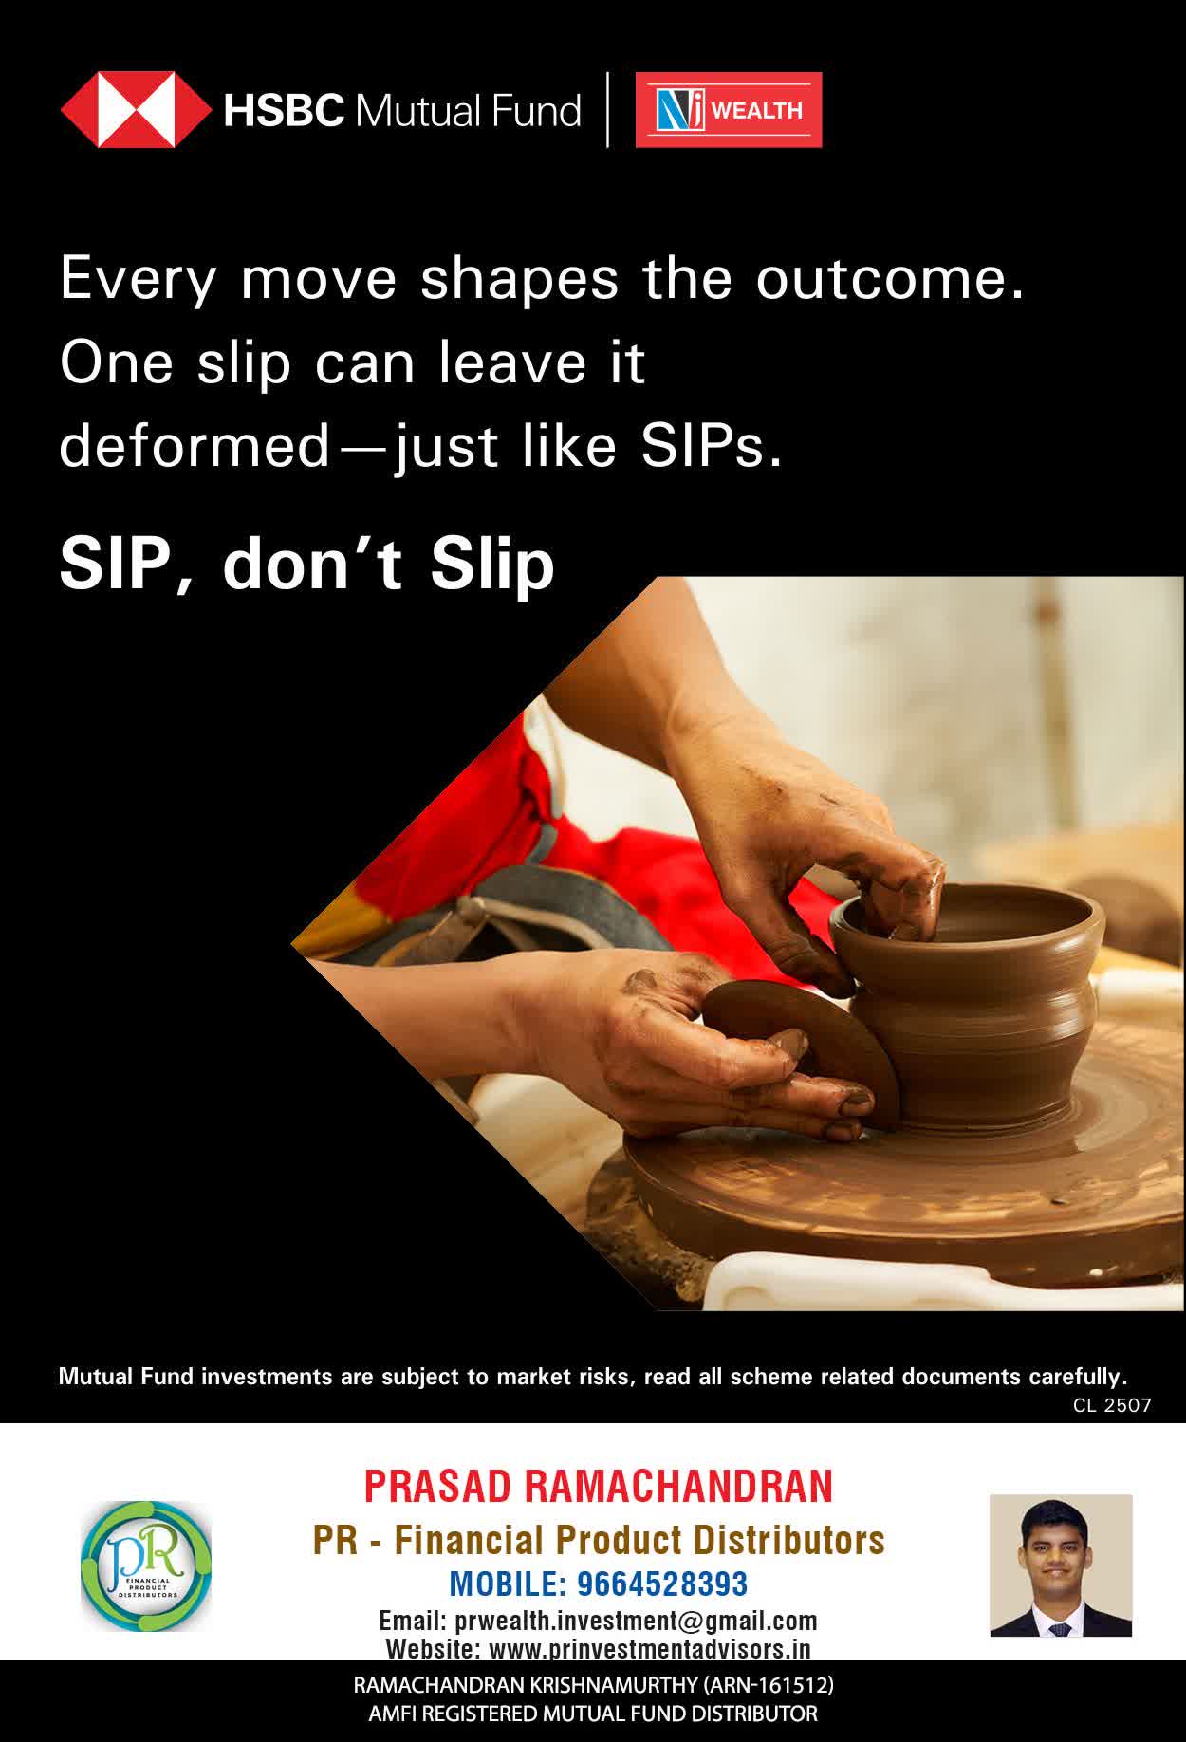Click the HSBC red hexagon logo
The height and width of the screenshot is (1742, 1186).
(136, 110)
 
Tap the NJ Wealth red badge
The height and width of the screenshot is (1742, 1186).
(729, 110)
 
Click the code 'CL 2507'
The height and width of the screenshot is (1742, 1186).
(1112, 1405)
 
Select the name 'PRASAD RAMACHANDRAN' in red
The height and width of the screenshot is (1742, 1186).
(599, 1487)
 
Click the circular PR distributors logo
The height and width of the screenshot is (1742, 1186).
(146, 1566)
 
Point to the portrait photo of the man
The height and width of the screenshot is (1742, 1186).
(1061, 1566)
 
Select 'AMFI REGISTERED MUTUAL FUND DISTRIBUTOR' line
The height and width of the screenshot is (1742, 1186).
(593, 1714)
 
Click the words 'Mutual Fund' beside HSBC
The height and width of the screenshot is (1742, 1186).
(468, 111)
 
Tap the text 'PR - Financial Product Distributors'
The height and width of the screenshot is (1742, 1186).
(599, 1540)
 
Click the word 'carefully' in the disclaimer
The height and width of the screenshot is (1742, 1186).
(1076, 1377)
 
